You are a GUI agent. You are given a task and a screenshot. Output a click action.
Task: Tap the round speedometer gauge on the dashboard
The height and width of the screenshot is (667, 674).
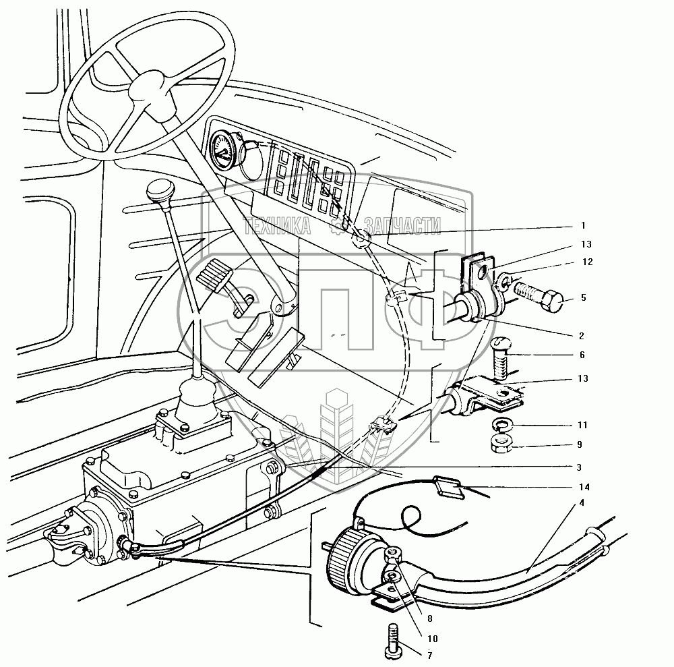pyautogui.click(x=222, y=151)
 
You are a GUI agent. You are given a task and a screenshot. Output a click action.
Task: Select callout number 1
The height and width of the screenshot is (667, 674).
pyautogui.click(x=583, y=225)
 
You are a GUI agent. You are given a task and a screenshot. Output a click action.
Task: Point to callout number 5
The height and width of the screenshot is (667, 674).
pyautogui.click(x=583, y=297)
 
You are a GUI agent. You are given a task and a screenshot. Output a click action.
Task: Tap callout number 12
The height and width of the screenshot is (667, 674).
pyautogui.click(x=587, y=262)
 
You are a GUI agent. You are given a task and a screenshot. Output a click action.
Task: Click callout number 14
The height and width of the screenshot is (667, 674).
pyautogui.click(x=584, y=487)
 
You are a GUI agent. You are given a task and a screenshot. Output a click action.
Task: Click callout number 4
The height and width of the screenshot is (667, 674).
pyautogui.click(x=582, y=502)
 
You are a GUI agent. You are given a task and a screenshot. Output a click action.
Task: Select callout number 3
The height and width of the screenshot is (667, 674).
pyautogui.click(x=579, y=467)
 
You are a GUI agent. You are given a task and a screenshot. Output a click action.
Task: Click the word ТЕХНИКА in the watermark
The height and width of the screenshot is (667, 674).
pyautogui.click(x=277, y=225)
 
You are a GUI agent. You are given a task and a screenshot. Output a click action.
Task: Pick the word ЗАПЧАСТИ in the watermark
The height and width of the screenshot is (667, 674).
pyautogui.click(x=402, y=225)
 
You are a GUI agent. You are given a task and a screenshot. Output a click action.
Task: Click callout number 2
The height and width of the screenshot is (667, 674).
pyautogui.click(x=581, y=336)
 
